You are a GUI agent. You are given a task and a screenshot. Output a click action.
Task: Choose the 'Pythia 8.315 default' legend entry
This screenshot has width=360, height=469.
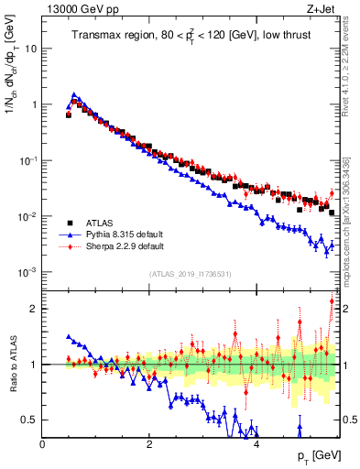tap(126, 234)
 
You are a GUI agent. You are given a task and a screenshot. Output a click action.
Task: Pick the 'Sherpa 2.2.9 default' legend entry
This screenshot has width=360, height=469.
tap(126, 246)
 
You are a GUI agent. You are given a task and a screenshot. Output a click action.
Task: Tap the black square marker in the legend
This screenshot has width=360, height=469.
tap(69, 223)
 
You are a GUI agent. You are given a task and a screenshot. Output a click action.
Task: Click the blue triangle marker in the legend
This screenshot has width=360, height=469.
tap(69, 234)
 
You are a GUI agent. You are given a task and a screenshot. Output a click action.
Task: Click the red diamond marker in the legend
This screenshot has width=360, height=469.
tap(69, 246)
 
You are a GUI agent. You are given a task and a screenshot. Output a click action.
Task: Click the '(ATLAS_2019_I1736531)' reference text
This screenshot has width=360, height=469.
tap(191, 274)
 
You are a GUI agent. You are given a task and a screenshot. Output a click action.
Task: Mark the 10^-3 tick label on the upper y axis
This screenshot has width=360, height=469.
tap(27, 272)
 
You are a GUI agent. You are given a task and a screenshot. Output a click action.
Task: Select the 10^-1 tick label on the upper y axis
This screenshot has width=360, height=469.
tap(27, 160)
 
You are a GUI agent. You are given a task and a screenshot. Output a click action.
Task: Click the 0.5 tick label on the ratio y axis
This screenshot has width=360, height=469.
tap(31, 420)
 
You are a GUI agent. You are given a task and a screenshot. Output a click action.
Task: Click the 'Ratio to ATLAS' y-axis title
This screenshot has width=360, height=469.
tap(12, 364)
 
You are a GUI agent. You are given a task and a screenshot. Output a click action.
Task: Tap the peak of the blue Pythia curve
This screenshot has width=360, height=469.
tap(74, 94)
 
